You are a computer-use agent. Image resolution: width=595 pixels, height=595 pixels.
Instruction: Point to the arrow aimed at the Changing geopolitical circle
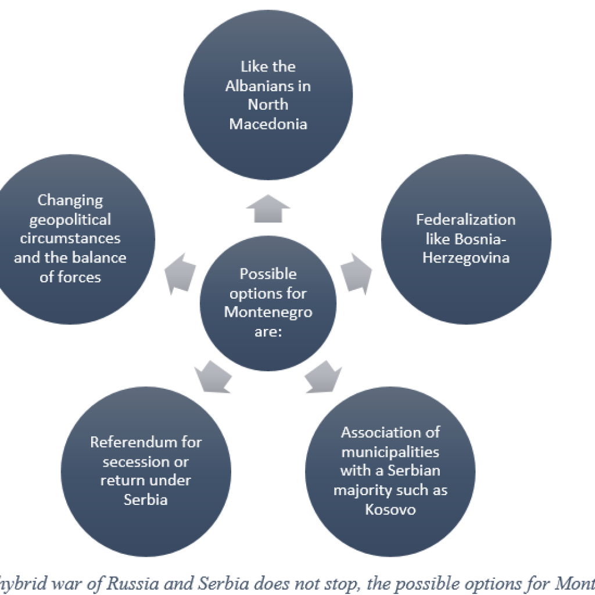[181, 272]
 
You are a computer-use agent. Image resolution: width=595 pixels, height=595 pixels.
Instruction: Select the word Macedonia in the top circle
[268, 124]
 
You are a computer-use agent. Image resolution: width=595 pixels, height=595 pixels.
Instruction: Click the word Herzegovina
[465, 257]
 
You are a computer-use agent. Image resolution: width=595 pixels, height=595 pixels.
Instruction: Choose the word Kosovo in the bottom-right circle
[390, 510]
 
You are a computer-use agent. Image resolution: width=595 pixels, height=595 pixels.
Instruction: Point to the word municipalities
[390, 452]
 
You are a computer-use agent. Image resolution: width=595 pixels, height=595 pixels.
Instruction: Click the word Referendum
[146, 442]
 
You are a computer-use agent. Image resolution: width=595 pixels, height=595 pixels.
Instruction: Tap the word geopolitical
[70, 220]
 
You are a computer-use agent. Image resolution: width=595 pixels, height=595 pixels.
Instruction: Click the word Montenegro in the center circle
[268, 312]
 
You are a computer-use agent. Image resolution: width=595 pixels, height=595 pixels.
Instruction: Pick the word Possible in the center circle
[268, 274]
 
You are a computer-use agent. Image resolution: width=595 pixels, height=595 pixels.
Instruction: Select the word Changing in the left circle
[70, 200]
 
